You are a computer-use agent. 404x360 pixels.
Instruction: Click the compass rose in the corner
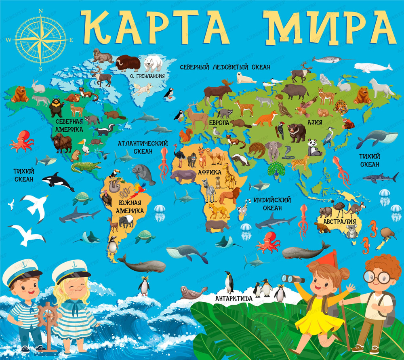click(41, 40)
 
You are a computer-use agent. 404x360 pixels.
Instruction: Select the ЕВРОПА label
click(219, 122)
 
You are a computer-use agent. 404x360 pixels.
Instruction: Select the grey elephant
click(274, 151)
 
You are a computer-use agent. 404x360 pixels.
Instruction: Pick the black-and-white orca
click(58, 181)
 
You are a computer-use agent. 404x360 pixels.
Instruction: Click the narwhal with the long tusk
click(329, 60)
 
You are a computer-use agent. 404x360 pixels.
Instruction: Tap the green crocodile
click(86, 166)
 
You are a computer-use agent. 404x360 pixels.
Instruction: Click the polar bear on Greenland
click(154, 63)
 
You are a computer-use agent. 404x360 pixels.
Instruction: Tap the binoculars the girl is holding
click(293, 278)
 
